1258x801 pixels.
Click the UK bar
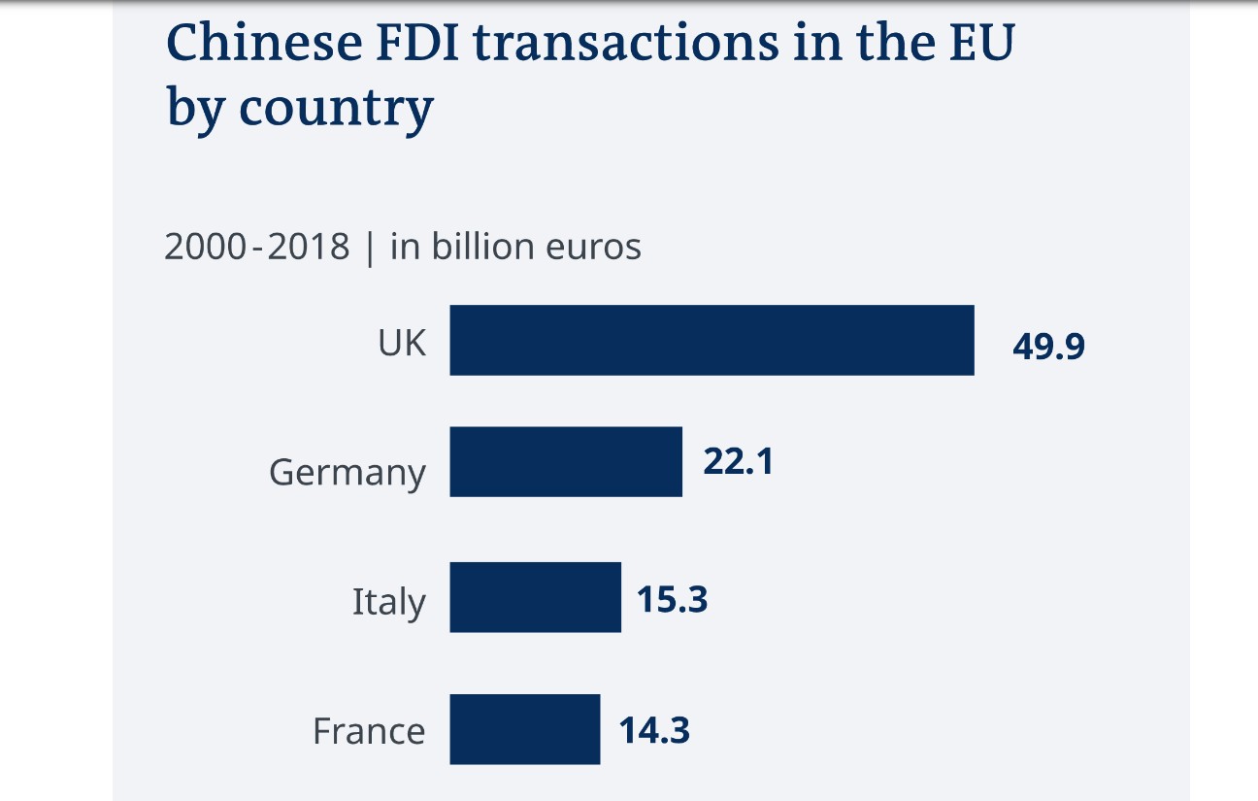click(712, 340)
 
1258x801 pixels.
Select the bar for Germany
click(566, 461)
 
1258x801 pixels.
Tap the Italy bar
click(535, 597)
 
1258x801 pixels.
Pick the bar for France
click(524, 728)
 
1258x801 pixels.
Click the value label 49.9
click(1048, 346)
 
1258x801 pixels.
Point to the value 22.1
click(738, 462)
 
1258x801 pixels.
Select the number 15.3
click(672, 599)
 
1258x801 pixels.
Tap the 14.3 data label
click(654, 729)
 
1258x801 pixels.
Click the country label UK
click(402, 342)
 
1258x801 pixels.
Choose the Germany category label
click(347, 473)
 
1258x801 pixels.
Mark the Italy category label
click(388, 602)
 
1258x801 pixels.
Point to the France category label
click(368, 730)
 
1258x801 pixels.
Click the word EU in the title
click(979, 45)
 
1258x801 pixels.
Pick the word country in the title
click(336, 110)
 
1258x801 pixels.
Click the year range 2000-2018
click(256, 247)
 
